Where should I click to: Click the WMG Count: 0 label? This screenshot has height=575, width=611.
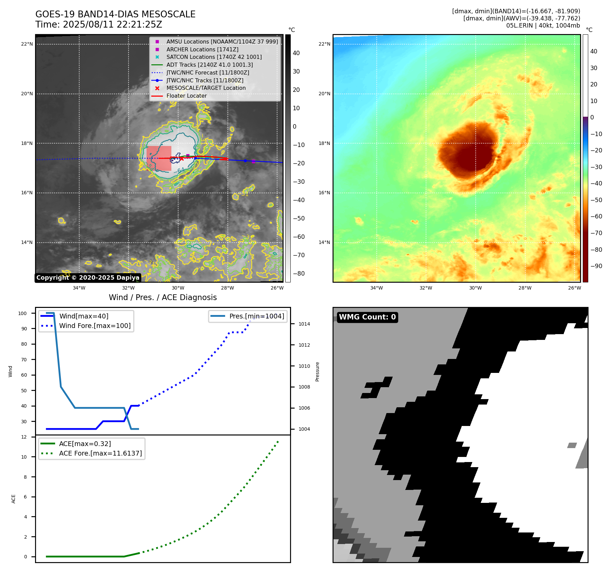367,317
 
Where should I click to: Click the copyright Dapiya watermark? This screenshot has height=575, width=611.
88,278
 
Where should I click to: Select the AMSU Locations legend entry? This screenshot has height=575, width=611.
222,42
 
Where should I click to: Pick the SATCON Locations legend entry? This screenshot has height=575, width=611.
214,57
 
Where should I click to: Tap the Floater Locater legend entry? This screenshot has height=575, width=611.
186,96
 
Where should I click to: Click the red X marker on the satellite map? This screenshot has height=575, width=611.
181,159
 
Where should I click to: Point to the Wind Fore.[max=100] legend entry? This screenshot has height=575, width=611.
95,326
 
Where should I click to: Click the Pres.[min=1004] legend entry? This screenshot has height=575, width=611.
256,316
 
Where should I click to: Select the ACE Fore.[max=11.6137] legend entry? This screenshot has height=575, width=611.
100,453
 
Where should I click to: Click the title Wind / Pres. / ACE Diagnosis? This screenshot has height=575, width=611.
163,297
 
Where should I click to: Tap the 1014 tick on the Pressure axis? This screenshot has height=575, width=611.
304,324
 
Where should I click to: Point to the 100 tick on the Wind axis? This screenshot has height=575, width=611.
22,313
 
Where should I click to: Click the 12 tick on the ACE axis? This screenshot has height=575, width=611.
24,437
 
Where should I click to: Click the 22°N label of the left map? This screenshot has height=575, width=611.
27,44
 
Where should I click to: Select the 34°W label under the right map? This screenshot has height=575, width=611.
376,288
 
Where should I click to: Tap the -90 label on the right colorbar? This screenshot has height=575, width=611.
596,266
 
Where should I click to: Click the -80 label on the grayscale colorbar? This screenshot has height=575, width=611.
299,274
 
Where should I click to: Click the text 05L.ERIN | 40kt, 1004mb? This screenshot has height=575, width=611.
543,26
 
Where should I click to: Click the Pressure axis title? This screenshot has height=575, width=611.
317,372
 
